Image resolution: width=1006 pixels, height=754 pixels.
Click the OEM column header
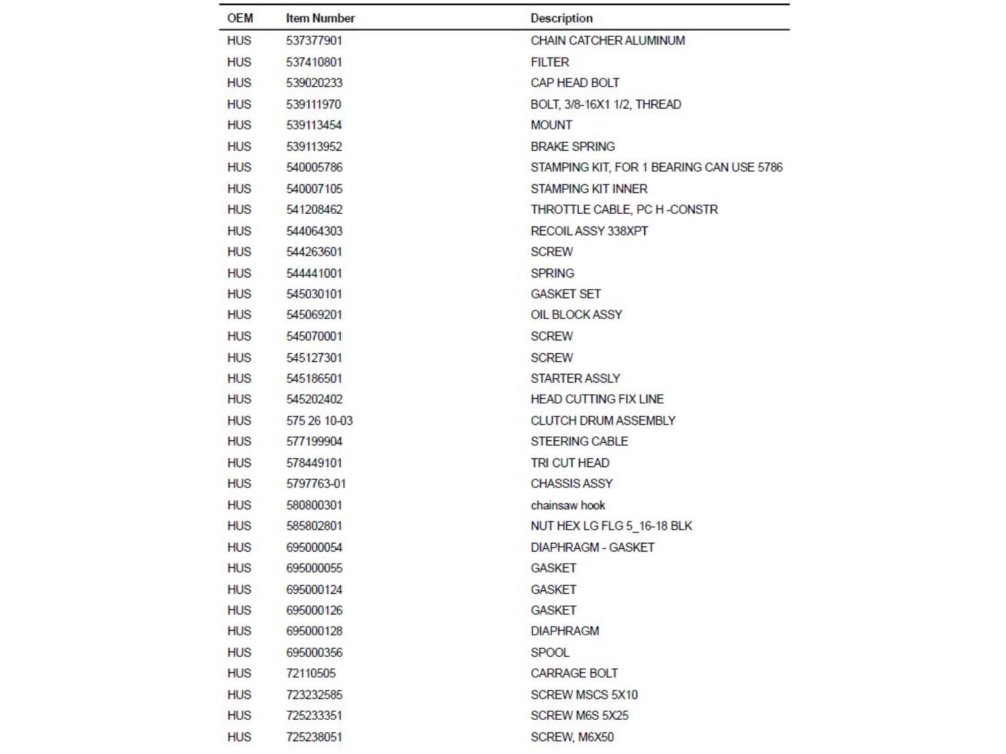240,18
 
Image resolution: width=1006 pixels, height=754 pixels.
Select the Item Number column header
320,18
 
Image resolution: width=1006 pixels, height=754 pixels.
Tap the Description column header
561,18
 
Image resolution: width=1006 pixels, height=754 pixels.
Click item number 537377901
314,40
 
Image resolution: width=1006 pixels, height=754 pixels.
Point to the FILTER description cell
550,62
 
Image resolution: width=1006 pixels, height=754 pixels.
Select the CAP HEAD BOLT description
575,82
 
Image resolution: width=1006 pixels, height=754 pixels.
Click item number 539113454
314,125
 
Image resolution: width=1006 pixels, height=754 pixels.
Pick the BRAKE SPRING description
572,146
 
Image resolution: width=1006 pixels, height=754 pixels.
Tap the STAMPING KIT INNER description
589,188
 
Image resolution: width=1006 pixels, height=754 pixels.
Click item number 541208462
314,209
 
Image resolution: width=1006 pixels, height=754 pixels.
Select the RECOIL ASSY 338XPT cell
589,231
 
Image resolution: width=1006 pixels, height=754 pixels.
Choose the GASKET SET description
565,294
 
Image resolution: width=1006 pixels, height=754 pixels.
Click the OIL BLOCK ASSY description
576,314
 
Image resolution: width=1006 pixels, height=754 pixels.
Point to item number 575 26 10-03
319,420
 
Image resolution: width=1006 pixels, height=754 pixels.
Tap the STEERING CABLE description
579,441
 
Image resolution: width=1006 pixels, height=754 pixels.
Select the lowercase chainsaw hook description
567,505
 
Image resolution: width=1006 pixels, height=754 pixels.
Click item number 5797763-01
316,483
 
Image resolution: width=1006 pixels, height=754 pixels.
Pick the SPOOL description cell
550,652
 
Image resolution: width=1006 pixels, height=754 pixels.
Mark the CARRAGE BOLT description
574,673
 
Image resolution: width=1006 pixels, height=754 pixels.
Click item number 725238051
314,737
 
